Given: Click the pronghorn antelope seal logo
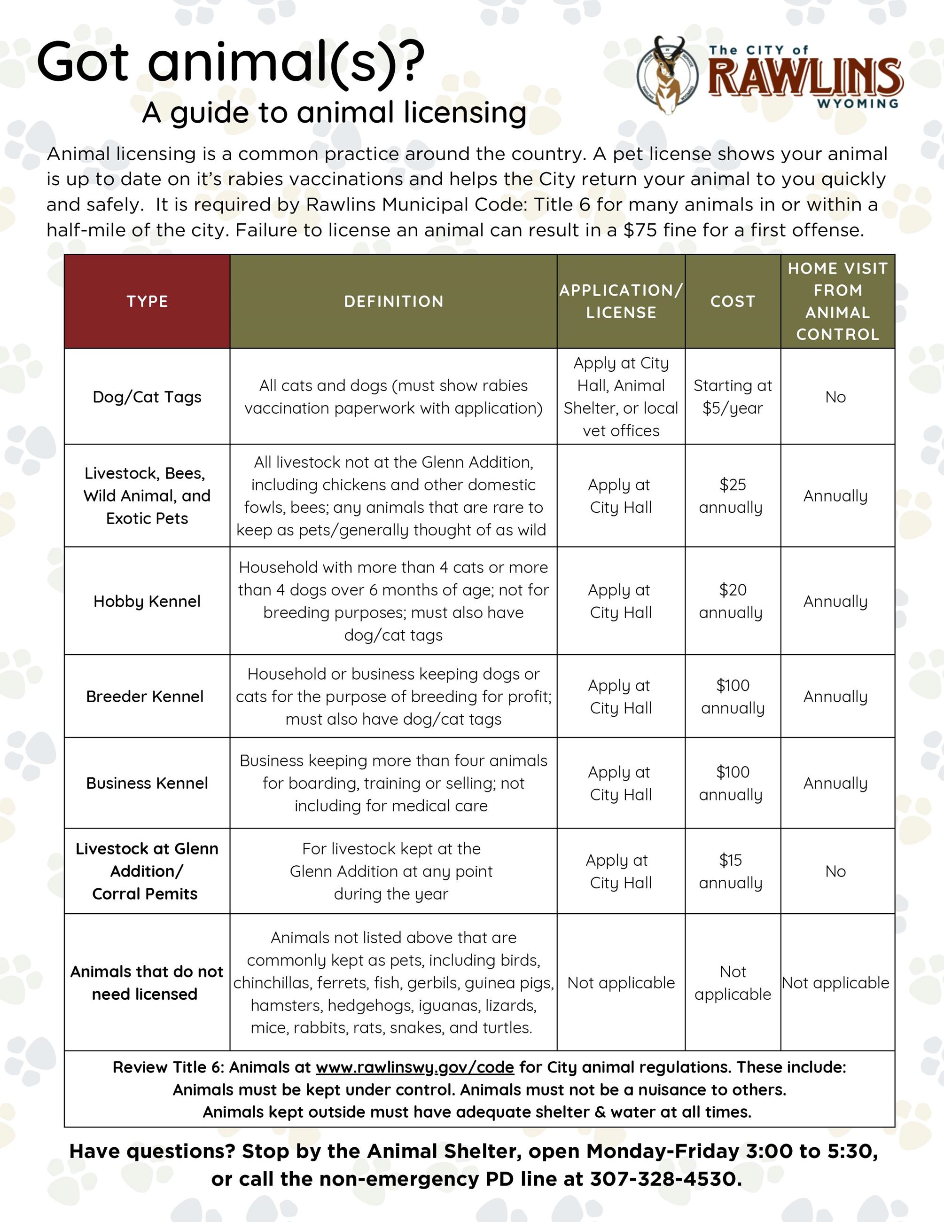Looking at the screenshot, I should tap(668, 75).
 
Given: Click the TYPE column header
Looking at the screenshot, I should tap(147, 302).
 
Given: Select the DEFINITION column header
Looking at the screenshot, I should tap(393, 302).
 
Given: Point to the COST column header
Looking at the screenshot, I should tap(733, 302).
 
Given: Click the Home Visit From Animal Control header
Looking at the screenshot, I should tap(837, 302).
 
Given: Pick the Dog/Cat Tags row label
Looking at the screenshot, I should tap(147, 397).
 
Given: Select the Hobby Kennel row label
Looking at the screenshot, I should tap(147, 601).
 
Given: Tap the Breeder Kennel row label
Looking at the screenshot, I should tap(145, 696).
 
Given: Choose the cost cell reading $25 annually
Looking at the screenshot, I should tap(732, 496).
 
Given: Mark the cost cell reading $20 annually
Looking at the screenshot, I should tap(732, 601).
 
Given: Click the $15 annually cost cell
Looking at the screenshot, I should tap(731, 871).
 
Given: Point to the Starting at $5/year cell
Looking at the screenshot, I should tap(733, 397).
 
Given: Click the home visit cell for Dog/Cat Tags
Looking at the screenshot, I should tap(835, 397).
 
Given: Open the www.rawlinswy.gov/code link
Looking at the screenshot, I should tap(414, 1067).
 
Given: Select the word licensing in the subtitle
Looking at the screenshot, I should tap(465, 113).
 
